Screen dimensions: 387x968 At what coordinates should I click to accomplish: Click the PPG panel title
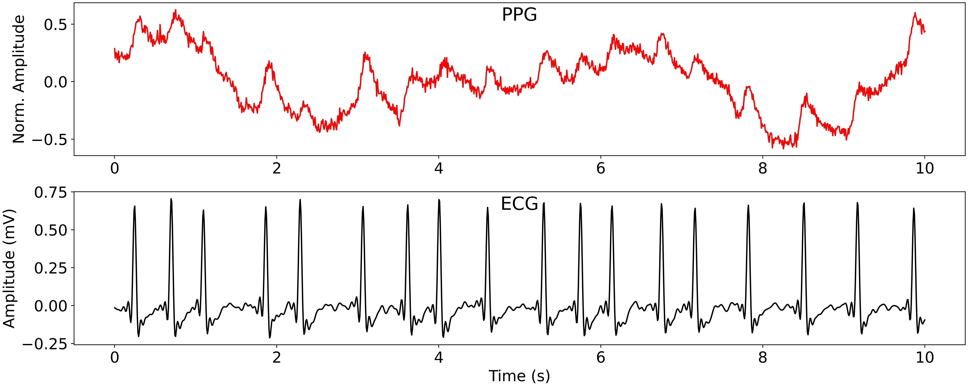click(x=519, y=15)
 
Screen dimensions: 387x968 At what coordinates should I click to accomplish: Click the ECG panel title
click(x=519, y=204)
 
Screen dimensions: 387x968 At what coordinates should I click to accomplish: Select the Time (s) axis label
click(x=519, y=376)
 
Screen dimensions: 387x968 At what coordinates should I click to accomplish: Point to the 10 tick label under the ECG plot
click(x=924, y=357)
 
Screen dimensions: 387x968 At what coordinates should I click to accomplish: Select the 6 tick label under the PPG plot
click(x=600, y=168)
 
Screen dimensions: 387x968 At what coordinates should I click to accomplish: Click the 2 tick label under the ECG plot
click(x=277, y=357)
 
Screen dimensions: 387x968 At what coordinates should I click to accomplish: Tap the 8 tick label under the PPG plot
click(x=762, y=168)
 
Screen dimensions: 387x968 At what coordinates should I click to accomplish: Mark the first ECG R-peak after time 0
click(x=135, y=206)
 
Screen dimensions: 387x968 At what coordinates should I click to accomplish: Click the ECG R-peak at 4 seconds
click(x=439, y=200)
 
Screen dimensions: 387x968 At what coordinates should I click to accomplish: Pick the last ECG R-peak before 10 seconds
click(x=913, y=208)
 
